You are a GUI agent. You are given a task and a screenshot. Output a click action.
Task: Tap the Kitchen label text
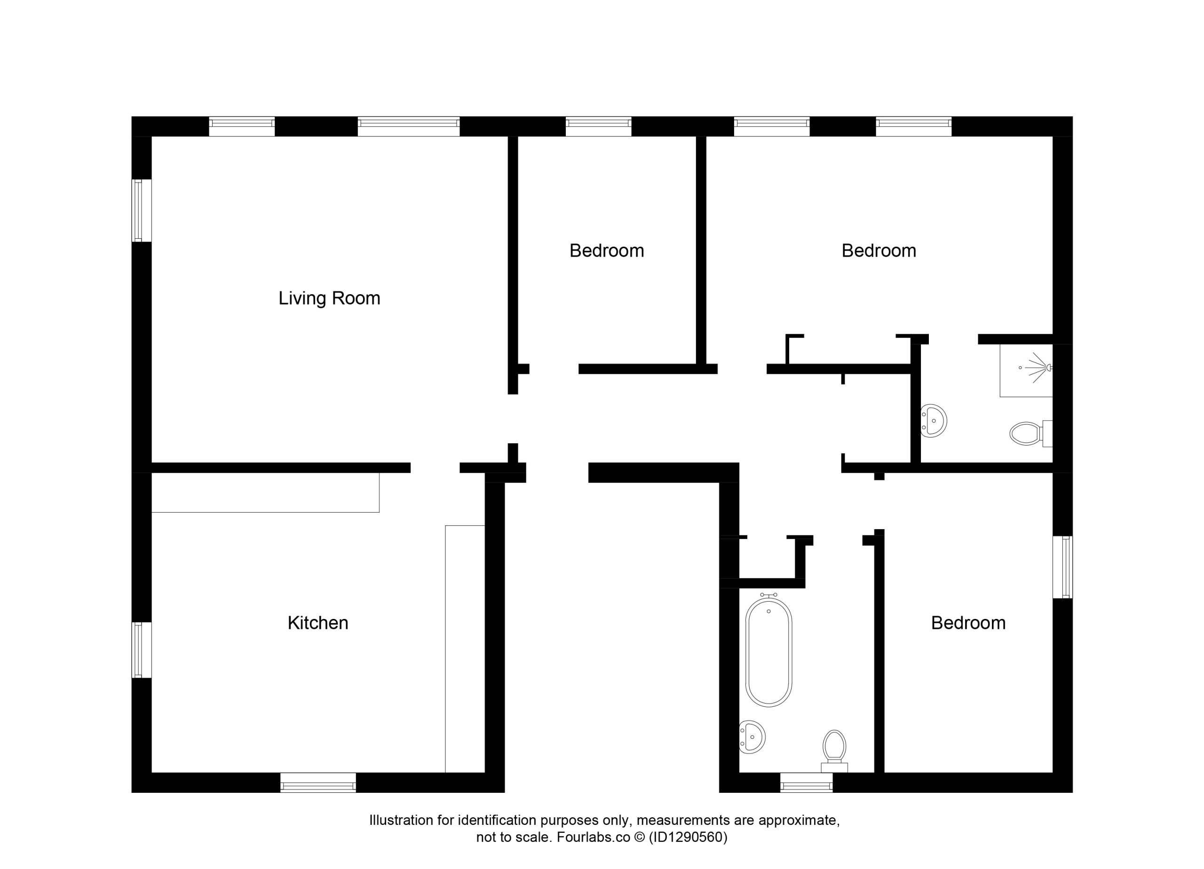click(318, 623)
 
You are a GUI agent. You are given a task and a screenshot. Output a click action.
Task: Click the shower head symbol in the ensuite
click(1038, 367)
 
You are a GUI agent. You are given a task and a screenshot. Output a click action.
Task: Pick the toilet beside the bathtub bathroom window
click(834, 751)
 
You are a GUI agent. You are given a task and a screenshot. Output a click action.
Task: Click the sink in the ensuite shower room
click(934, 421)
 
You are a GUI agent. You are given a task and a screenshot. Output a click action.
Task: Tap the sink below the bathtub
click(752, 737)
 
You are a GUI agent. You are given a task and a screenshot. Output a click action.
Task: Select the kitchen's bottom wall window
click(318, 783)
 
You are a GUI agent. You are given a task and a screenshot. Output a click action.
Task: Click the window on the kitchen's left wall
click(142, 650)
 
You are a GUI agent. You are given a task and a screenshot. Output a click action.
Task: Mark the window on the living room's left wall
click(142, 210)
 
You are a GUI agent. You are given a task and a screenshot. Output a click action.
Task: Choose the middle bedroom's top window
click(598, 126)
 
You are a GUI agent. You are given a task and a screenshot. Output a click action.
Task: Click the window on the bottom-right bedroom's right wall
click(1063, 567)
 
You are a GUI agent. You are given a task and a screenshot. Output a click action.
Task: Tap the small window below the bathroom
click(807, 783)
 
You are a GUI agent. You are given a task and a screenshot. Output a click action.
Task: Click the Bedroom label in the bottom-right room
click(968, 623)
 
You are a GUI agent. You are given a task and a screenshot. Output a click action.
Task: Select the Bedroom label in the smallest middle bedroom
click(607, 251)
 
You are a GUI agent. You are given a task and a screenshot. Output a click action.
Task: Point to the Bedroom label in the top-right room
click(879, 251)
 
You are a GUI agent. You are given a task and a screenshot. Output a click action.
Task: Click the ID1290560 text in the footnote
click(688, 837)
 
